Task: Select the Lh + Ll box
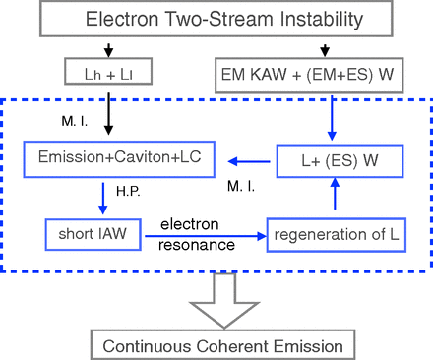pyautogui.click(x=109, y=71)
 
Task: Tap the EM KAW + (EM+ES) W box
pyautogui.click(x=323, y=71)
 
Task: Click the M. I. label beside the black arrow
pyautogui.click(x=77, y=121)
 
